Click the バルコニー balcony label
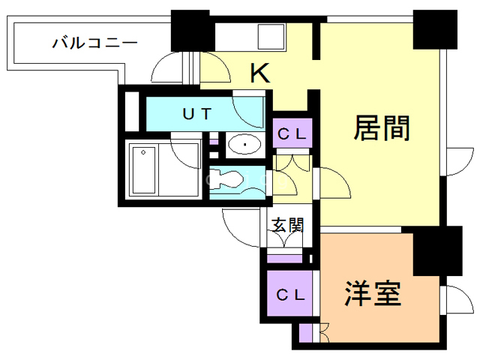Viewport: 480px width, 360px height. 94,43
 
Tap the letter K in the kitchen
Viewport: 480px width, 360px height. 259,73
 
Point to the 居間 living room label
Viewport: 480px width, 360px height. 382,129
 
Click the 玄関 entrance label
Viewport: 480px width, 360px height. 287,225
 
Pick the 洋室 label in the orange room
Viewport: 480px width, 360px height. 373,293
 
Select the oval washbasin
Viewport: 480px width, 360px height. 242,144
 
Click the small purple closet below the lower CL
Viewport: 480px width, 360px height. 307,332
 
